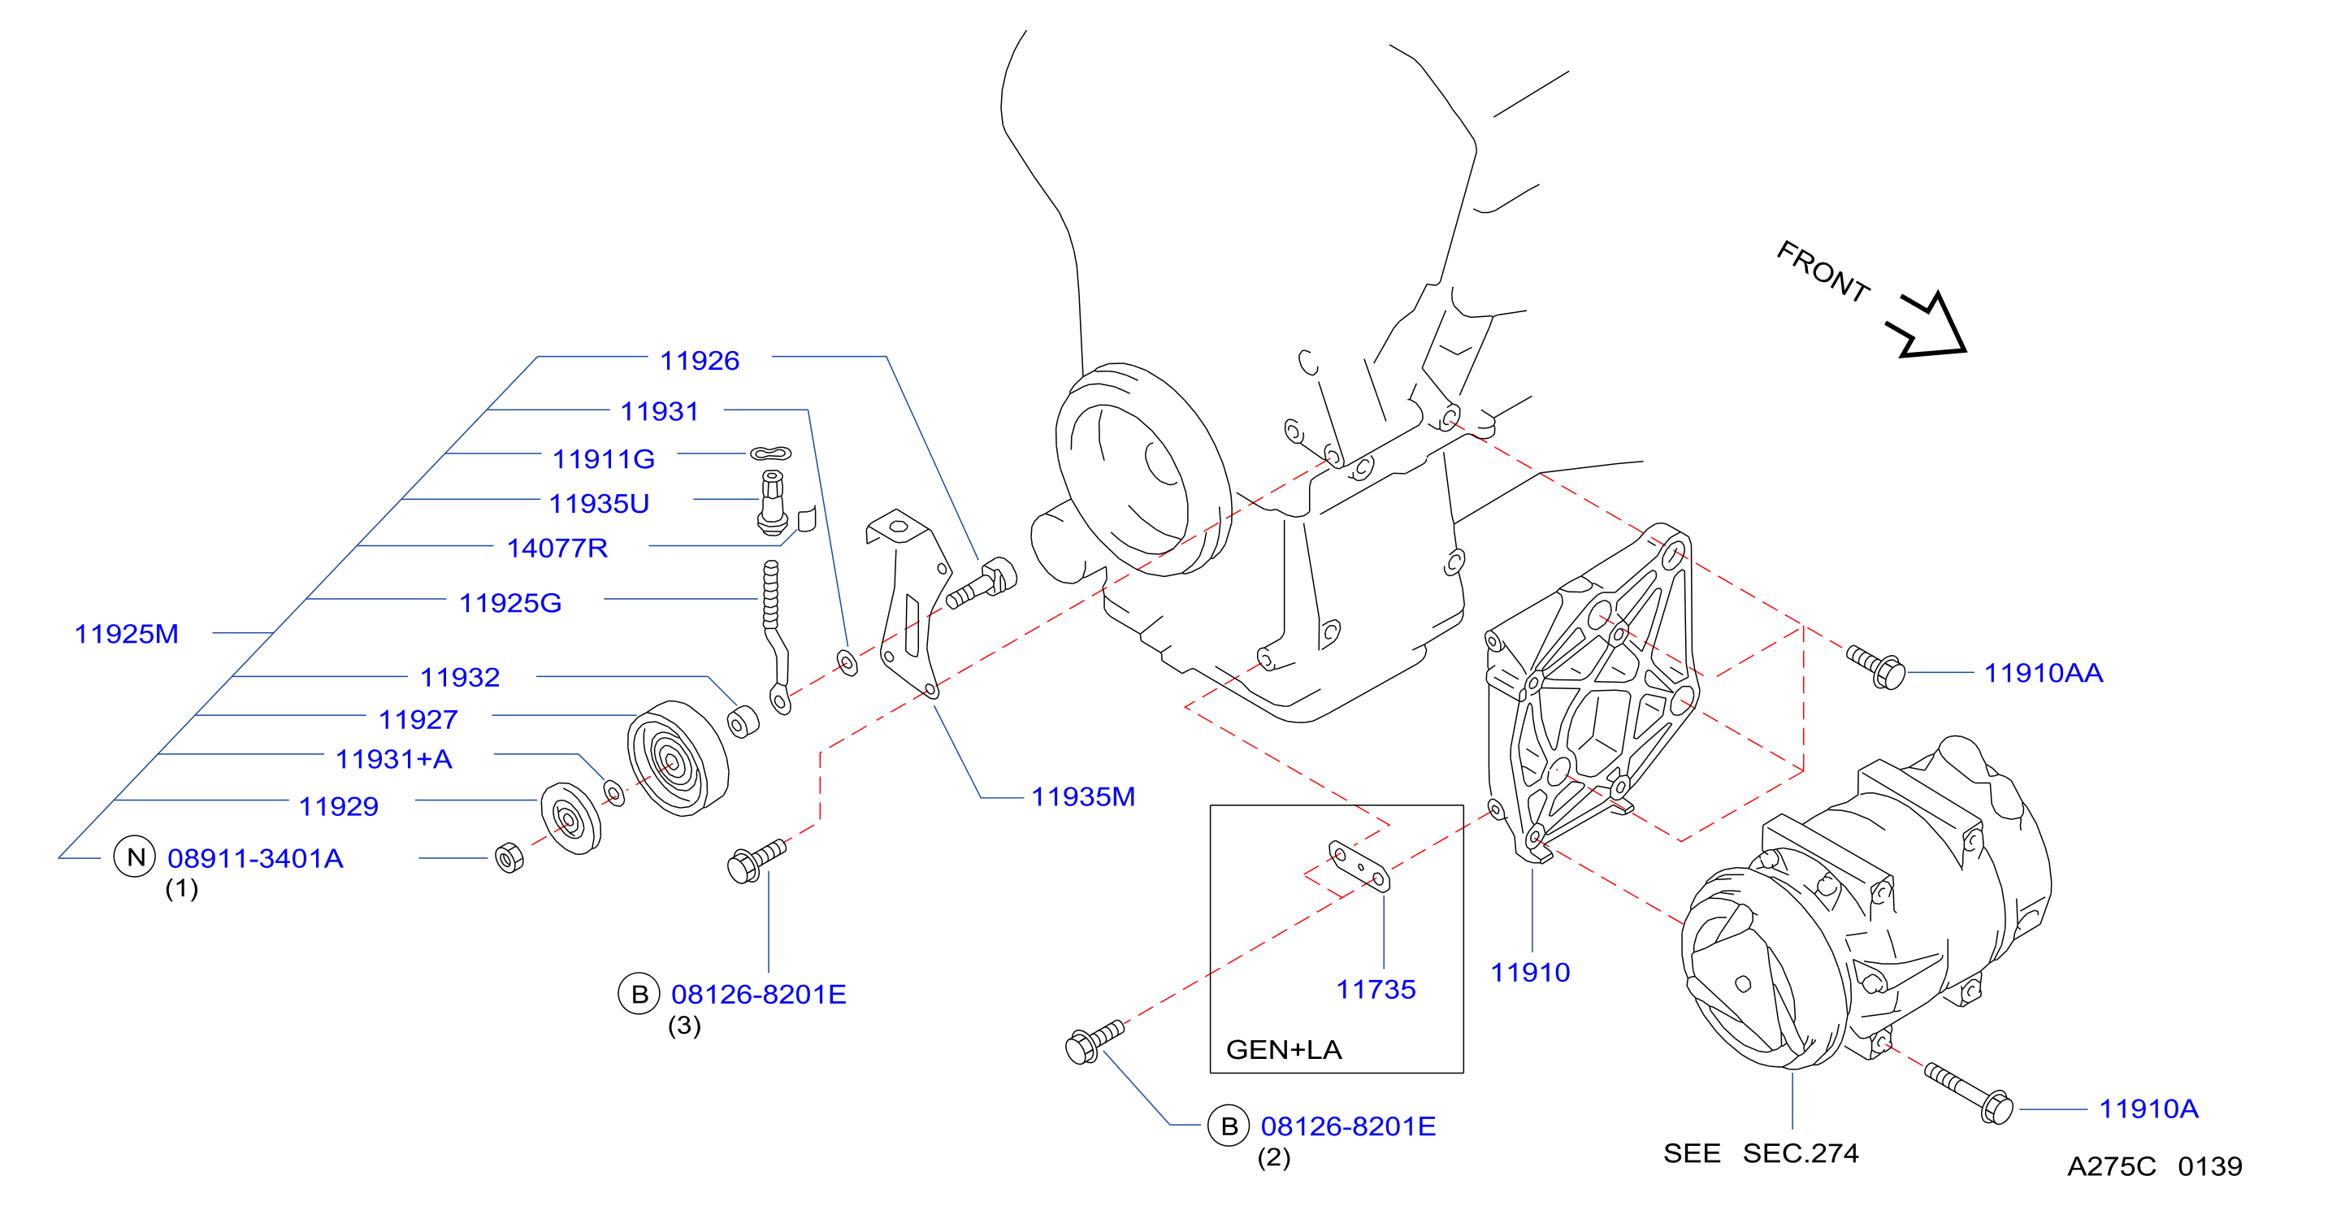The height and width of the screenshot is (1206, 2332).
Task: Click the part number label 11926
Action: click(x=699, y=360)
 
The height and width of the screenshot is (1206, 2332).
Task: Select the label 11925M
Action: click(x=126, y=634)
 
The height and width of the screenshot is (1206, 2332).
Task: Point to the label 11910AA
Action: click(x=2044, y=673)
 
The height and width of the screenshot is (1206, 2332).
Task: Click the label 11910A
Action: click(x=2148, y=1108)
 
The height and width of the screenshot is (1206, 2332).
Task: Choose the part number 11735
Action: click(x=1375, y=990)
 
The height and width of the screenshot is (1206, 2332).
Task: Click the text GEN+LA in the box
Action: click(x=1284, y=1049)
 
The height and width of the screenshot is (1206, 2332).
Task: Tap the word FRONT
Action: click(x=1823, y=271)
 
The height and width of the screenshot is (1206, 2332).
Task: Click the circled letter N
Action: click(x=135, y=857)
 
